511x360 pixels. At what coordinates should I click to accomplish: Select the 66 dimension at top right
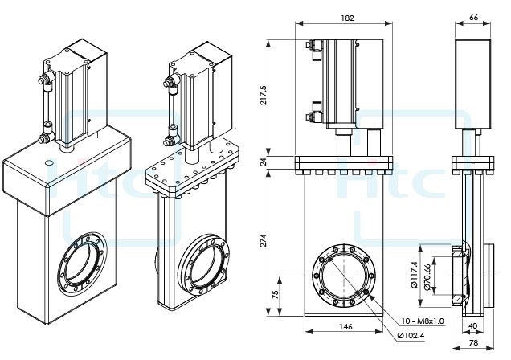click(474, 17)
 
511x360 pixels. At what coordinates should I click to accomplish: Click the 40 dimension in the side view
click(473, 326)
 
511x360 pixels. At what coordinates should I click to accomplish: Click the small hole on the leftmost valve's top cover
click(51, 163)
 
